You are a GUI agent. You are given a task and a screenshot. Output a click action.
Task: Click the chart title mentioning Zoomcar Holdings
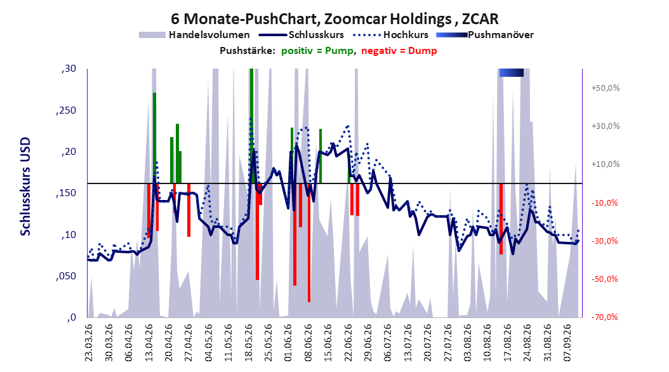[334, 19]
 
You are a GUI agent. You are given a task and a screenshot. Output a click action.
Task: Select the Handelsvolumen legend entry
[195, 35]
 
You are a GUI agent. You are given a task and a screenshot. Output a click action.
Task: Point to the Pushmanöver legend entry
[485, 35]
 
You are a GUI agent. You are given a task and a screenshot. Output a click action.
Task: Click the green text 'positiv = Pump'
[317, 51]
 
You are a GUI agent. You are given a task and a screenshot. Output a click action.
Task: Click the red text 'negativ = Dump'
[399, 51]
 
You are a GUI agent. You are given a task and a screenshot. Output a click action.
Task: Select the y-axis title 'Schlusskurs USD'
[25, 186]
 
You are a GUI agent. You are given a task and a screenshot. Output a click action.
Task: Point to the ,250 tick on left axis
[66, 110]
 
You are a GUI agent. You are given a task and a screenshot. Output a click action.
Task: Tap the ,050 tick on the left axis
[66, 276]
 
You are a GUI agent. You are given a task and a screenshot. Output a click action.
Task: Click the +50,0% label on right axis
[606, 88]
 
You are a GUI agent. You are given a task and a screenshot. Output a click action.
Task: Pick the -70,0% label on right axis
[606, 317]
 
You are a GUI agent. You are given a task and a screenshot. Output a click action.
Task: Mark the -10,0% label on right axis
[606, 203]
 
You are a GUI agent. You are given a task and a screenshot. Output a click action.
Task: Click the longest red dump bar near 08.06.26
[309, 242]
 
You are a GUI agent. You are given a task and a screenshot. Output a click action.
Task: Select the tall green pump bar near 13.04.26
[154, 138]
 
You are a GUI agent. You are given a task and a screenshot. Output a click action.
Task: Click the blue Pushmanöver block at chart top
[511, 73]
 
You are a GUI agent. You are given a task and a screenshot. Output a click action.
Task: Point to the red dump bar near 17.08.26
[501, 219]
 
